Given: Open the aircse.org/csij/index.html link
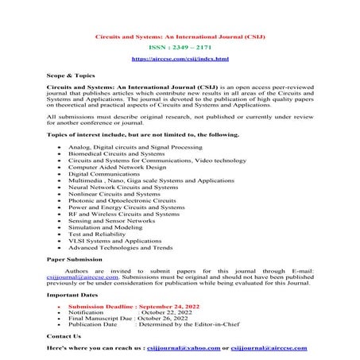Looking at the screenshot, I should click(179, 59).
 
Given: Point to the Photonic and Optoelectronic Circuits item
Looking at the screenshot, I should click(133, 201).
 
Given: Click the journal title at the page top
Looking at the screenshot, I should click(179, 37).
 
